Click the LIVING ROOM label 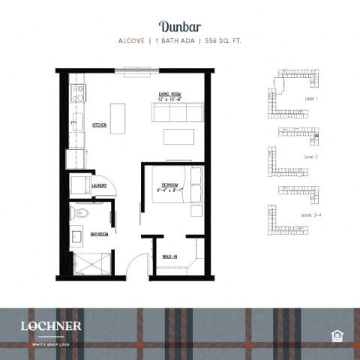170,94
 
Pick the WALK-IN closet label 170,257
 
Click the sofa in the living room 178,112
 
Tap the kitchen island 118,118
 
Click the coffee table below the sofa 178,137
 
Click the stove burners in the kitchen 76,94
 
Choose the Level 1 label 312,99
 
